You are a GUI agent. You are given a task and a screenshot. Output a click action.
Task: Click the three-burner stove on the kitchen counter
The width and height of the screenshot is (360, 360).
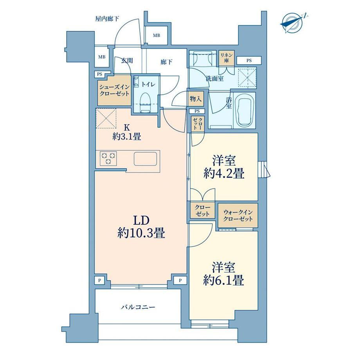pos(108,158)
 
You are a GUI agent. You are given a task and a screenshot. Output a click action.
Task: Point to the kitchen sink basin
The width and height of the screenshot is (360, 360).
pos(146,158)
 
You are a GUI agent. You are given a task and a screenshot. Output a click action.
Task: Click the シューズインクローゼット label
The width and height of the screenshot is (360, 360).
pos(114,90)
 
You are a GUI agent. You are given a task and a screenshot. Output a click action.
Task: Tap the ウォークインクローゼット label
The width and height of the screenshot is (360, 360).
pos(238,215)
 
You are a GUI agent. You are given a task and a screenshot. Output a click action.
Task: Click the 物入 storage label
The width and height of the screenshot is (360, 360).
pos(196,99)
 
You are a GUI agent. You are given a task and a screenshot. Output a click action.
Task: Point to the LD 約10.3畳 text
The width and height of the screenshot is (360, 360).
pos(141,227)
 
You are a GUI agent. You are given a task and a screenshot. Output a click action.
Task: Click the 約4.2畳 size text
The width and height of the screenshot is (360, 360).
pos(224,174)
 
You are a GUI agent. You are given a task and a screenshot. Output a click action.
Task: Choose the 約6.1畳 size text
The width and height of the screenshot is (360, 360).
pos(223,280)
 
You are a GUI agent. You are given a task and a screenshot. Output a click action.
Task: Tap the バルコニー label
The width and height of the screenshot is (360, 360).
pos(138,307)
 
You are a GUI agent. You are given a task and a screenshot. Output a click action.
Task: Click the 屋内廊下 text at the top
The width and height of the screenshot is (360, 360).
pos(107,19)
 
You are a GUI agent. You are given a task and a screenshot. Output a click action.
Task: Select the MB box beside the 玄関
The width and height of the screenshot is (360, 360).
pos(102,57)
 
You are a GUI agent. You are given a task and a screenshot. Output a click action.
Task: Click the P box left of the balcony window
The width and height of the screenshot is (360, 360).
pos(100,281)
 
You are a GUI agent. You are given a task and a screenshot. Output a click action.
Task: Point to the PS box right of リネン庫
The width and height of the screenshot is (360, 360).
pos(249,61)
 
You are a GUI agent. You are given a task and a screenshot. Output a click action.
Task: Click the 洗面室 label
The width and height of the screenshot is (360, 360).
pos(215,79)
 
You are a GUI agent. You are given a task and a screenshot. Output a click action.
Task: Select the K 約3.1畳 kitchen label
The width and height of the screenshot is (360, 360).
pos(126,132)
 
